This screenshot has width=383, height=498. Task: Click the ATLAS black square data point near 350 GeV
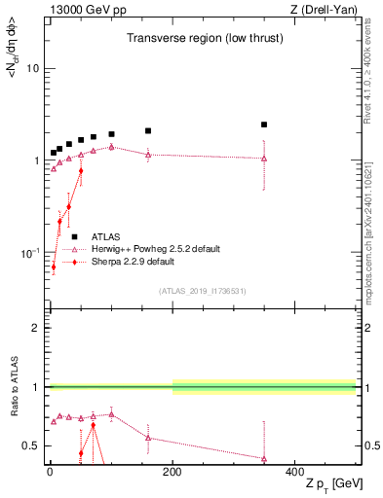click(264, 124)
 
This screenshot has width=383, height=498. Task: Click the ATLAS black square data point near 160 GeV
click(148, 130)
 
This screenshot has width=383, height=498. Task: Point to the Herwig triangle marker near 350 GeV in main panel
click(264, 158)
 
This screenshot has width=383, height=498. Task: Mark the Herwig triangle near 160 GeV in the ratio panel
click(148, 437)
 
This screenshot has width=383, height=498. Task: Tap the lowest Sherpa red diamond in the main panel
click(54, 267)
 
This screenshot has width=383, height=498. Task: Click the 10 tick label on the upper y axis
click(33, 69)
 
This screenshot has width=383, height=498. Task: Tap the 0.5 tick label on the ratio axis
click(31, 445)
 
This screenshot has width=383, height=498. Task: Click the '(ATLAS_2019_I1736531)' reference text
click(204, 291)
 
